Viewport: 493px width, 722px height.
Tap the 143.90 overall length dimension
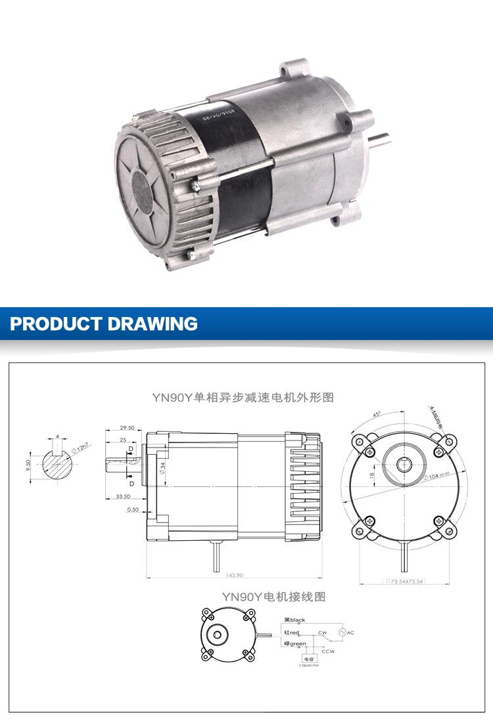(x=235, y=576)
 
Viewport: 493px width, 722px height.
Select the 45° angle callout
(x=375, y=414)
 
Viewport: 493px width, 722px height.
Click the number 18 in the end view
(x=371, y=475)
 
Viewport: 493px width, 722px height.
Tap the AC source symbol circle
(x=342, y=632)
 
